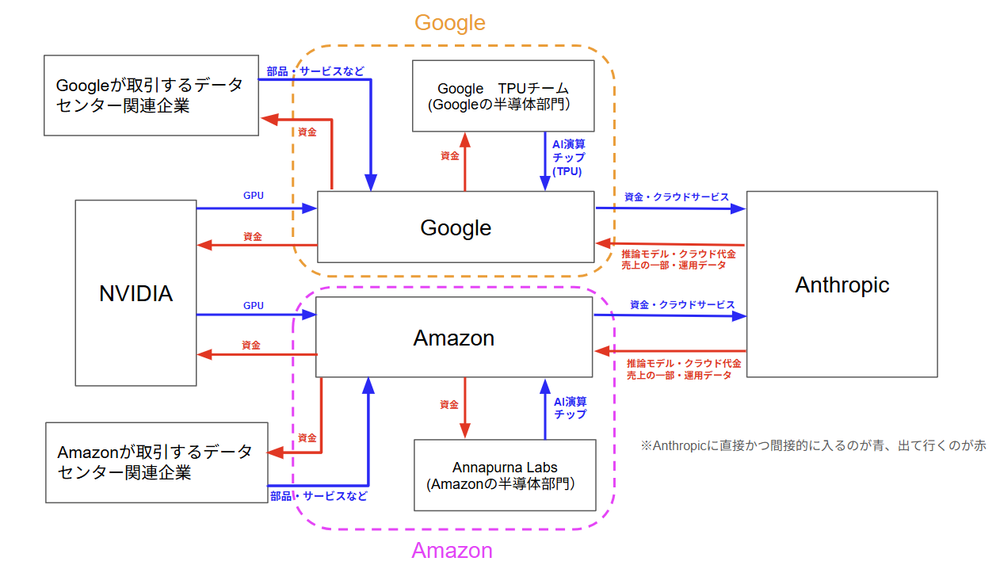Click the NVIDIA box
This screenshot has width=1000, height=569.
[135, 293]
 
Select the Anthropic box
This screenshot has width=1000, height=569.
[842, 284]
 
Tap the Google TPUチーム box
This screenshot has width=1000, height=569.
[503, 96]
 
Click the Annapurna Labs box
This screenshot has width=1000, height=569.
[505, 475]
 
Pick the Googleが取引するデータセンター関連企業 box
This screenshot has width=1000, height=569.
[151, 95]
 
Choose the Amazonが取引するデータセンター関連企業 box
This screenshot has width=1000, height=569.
[155, 462]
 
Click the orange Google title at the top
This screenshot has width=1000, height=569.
[450, 23]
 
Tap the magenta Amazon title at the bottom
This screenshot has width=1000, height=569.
[452, 551]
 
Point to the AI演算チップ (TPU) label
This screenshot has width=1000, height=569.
[569, 157]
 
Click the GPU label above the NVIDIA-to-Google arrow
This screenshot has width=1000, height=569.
[254, 195]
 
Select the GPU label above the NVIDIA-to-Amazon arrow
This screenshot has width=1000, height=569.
[254, 305]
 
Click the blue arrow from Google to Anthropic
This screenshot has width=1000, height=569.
[670, 208]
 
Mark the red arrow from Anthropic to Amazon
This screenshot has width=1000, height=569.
[670, 350]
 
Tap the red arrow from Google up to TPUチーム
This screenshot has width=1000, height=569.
[465, 162]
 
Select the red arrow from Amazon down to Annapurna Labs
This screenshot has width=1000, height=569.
[465, 408]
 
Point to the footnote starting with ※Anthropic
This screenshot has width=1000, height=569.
[813, 445]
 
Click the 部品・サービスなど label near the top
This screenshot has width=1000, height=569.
[315, 71]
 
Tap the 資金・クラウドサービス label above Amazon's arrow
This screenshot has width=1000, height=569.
[682, 304]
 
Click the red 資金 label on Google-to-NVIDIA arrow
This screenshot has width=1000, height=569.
[253, 236]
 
